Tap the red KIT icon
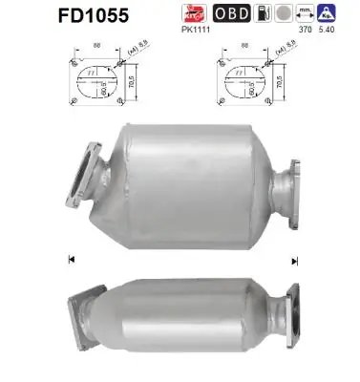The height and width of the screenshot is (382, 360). coord(195,13)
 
